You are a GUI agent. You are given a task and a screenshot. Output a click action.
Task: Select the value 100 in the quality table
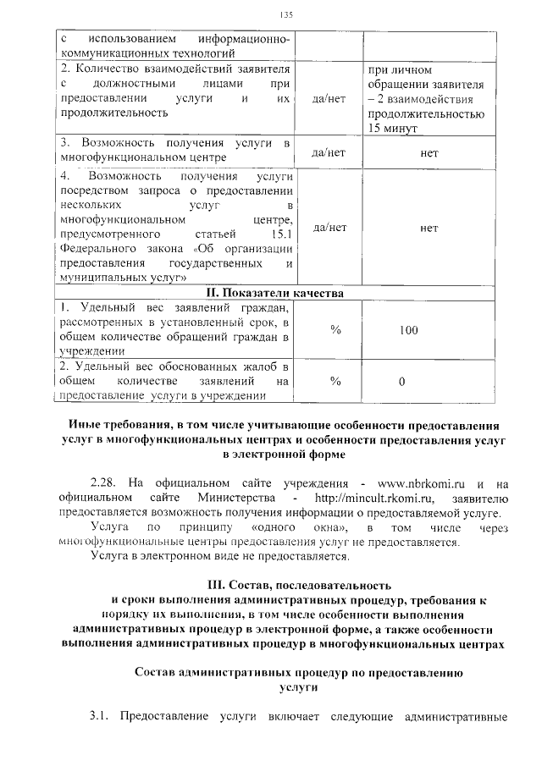tap(409, 330)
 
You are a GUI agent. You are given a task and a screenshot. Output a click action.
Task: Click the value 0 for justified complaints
tap(402, 381)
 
